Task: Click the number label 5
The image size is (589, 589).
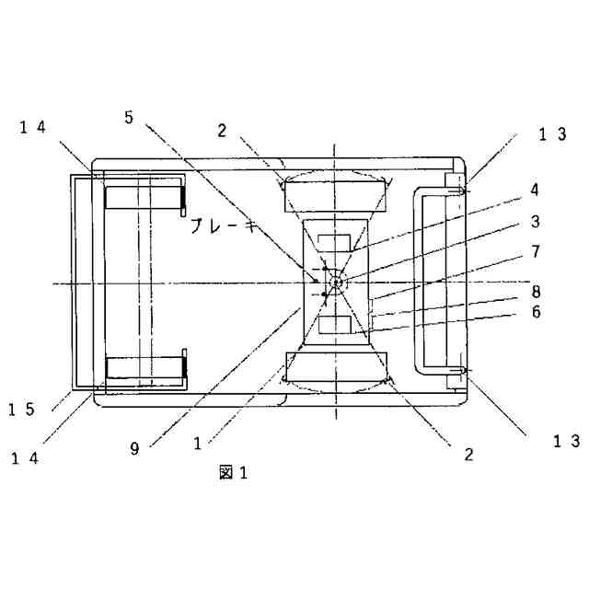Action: coord(129,117)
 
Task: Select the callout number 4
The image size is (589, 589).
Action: coord(560,191)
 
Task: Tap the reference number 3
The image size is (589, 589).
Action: coord(560,222)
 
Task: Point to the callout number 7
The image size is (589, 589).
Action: coord(560,250)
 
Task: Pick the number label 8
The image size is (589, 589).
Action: coord(560,291)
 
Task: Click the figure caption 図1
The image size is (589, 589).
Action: coord(234,473)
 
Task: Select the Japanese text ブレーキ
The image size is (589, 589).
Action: coord(225,226)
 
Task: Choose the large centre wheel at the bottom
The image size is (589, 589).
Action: coord(334,368)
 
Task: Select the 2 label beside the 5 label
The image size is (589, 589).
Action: coord(222,129)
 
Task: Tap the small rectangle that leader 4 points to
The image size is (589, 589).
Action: coord(334,245)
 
